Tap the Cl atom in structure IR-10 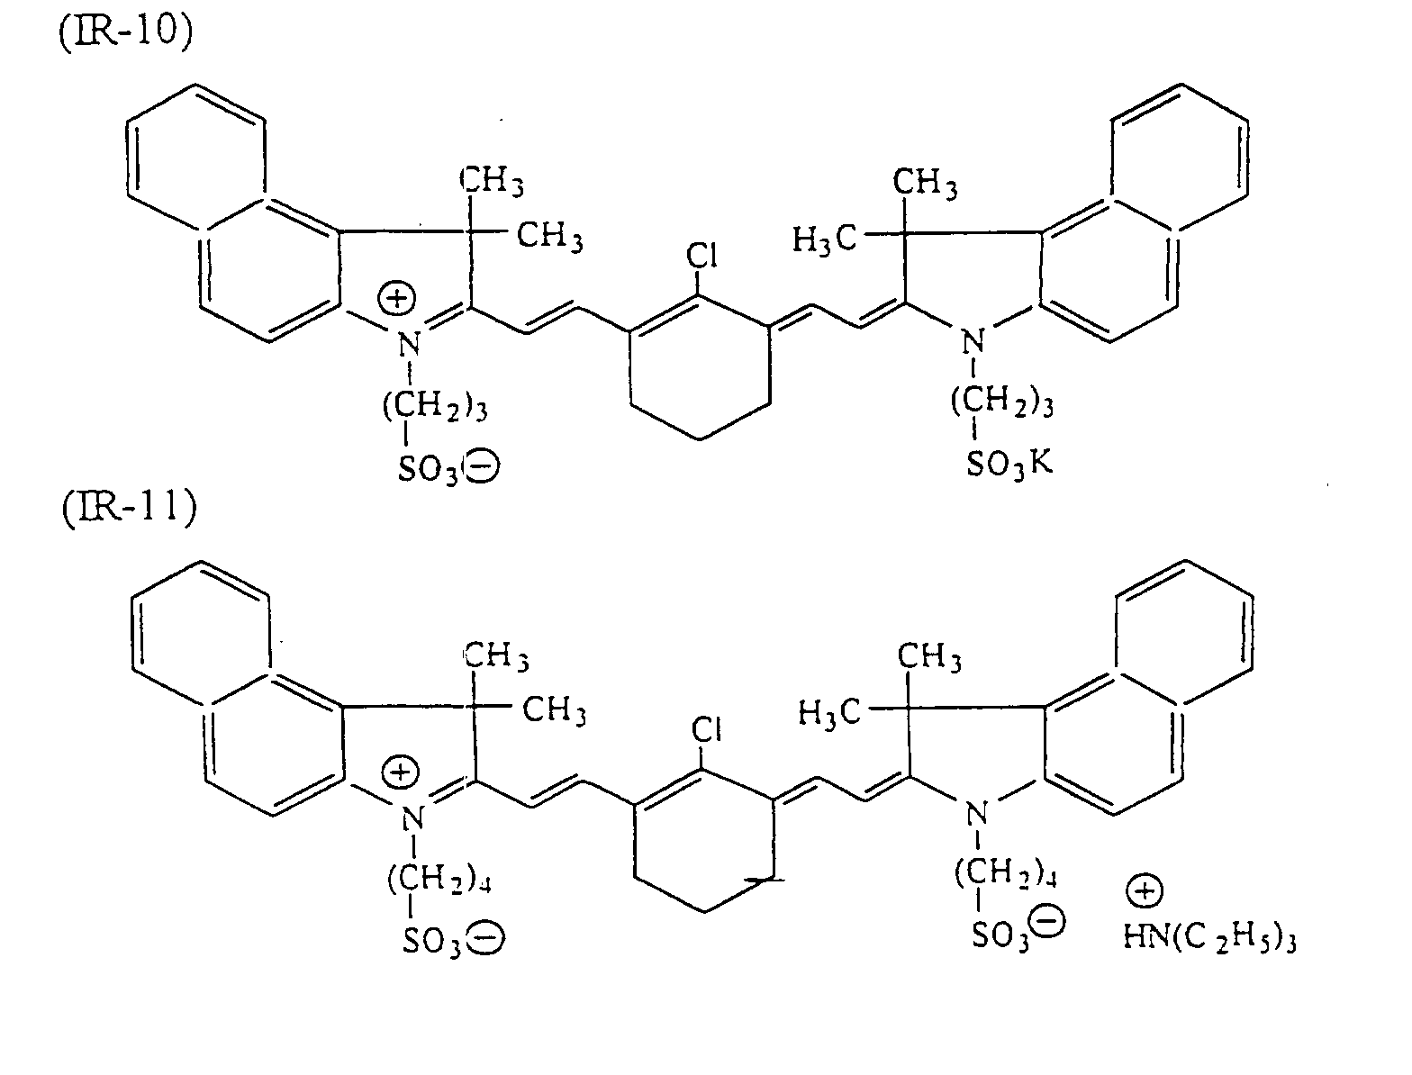tap(701, 256)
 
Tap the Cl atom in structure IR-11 tap(706, 730)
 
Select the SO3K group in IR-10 tap(1009, 465)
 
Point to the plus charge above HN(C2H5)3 tap(1144, 892)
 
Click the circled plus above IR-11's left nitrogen tap(398, 772)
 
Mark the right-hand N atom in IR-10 tap(970, 342)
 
